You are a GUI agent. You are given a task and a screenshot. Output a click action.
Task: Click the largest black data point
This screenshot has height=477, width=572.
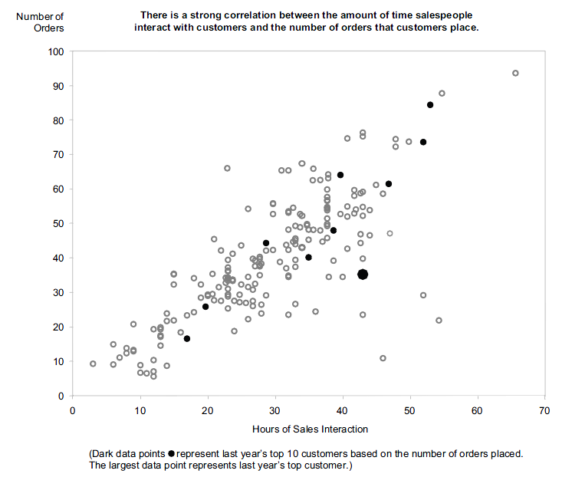coord(363,274)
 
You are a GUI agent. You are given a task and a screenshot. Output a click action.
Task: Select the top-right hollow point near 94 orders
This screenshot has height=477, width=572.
coord(515,74)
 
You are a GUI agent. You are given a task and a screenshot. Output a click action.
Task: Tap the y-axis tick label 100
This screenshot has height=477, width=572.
coord(54,52)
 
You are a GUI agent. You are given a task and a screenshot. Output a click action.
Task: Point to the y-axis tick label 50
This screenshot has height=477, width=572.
coord(57,224)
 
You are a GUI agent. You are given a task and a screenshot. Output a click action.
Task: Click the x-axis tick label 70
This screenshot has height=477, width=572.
coord(545,410)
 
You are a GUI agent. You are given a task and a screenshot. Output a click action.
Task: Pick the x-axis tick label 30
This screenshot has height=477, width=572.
coord(275,410)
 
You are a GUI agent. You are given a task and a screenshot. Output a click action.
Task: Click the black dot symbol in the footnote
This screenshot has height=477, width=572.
coord(170,454)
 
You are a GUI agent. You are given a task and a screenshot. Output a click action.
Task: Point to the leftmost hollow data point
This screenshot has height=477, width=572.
coord(93,364)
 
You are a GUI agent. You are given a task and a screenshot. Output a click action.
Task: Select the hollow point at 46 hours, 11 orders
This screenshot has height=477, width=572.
coord(383,358)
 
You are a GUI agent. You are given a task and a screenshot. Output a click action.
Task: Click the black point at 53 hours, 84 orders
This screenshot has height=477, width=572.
coord(430,105)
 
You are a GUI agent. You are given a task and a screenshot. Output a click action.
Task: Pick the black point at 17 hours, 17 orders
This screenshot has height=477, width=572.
coord(186,338)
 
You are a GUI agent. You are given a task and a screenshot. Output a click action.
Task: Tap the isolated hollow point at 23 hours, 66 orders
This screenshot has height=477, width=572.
coord(227,168)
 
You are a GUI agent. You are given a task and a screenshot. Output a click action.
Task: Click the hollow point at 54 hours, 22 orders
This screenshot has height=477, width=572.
coord(439,321)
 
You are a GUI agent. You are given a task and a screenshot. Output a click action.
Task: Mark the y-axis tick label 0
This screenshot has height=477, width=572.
coord(60,396)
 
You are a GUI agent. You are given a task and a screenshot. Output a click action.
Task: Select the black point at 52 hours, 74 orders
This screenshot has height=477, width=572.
coord(422,142)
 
